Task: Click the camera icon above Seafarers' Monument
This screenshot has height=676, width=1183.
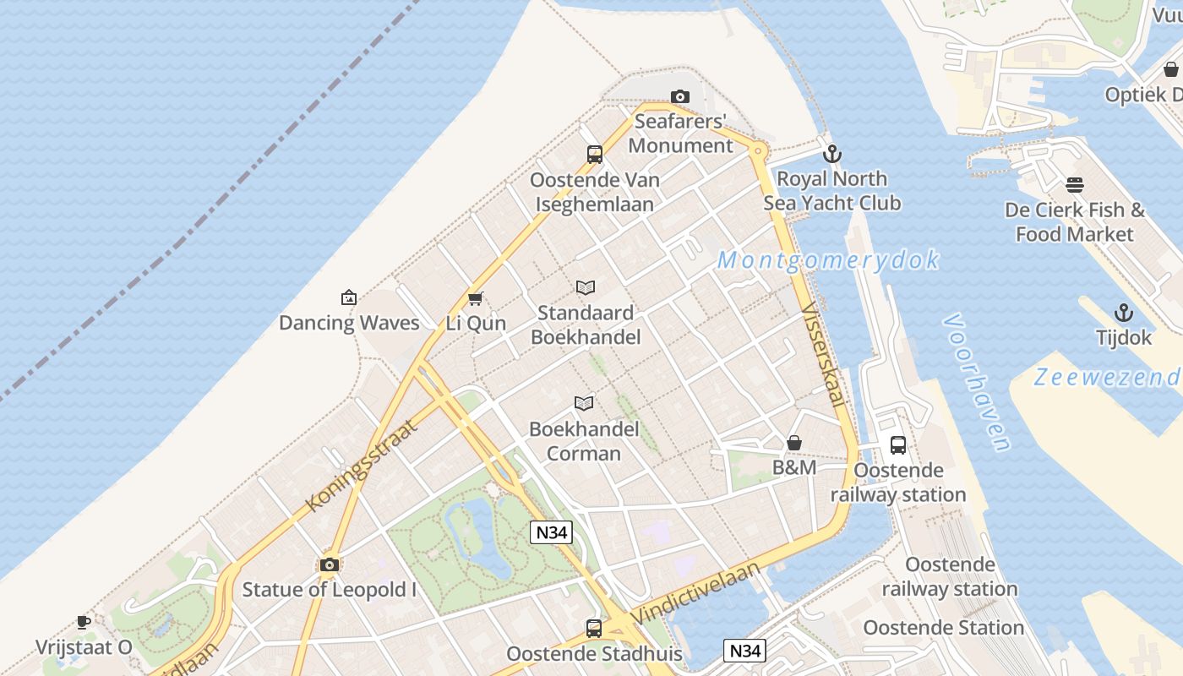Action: (679, 97)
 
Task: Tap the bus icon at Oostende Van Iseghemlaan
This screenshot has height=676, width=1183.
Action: (594, 155)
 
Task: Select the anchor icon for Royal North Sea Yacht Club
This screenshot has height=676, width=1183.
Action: (832, 154)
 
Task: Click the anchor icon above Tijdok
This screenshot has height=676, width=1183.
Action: (1123, 313)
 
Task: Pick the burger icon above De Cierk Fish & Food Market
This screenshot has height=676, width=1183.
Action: (1075, 184)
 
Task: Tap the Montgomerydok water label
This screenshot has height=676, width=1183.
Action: (827, 260)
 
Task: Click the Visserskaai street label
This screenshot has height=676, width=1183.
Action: (822, 354)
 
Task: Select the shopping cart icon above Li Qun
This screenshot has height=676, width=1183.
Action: (475, 298)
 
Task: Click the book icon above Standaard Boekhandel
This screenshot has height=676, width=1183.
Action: (586, 288)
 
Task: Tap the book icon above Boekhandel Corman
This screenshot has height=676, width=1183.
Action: (584, 403)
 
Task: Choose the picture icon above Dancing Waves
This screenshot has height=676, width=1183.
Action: (348, 297)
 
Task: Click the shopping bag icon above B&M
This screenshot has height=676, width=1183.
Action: (794, 443)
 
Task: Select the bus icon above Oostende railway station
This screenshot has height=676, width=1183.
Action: (897, 444)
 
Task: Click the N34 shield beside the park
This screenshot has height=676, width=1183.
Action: (551, 532)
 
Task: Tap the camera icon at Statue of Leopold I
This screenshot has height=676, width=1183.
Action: (330, 564)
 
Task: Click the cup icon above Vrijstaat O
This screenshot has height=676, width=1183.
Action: (84, 623)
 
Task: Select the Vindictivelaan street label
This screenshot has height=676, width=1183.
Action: (695, 592)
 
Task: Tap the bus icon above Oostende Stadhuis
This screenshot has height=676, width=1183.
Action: (594, 629)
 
